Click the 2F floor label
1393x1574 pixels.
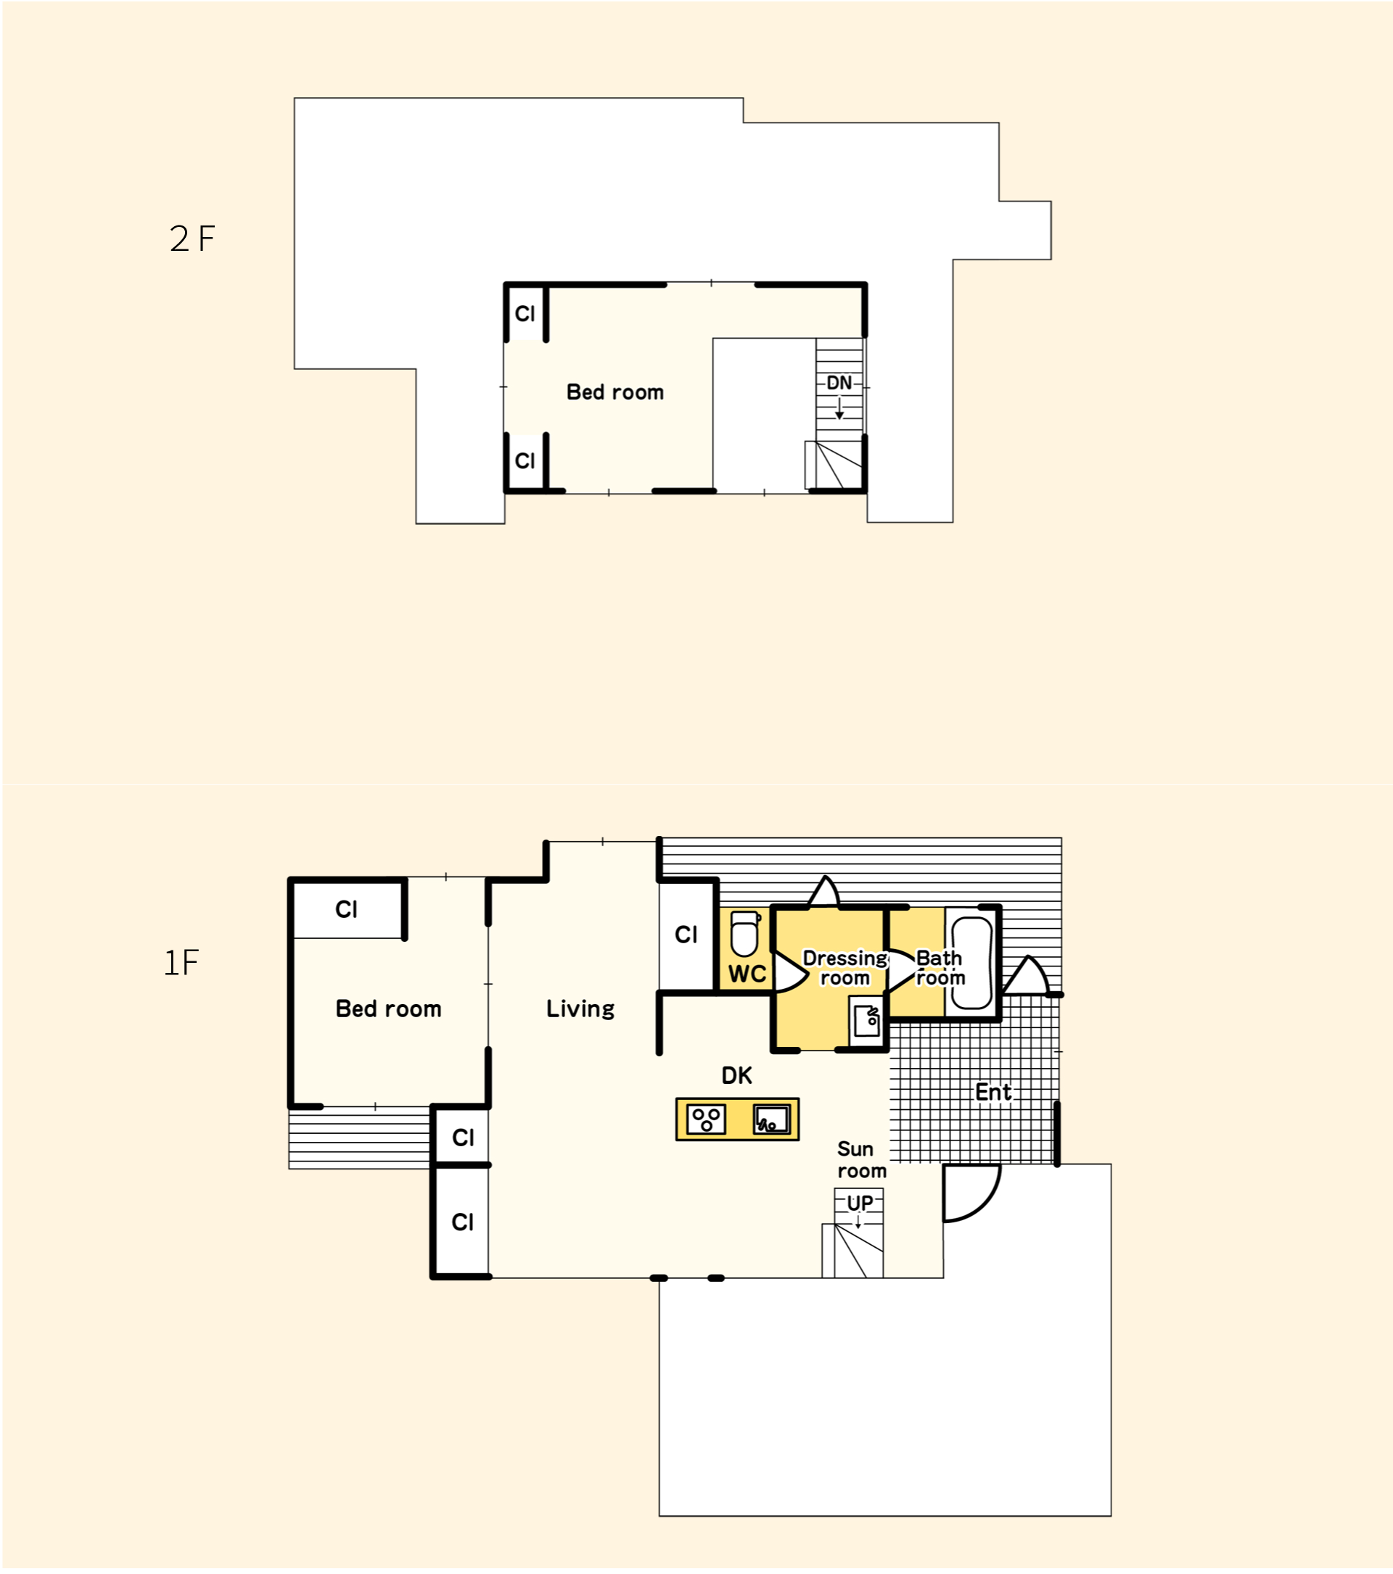[x=192, y=239]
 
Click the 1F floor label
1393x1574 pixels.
[x=181, y=963]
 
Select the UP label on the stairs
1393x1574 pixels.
[x=860, y=1203]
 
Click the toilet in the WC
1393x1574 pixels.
[x=745, y=933]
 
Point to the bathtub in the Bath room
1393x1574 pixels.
[x=972, y=963]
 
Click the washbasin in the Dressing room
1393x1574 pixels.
[x=867, y=1021]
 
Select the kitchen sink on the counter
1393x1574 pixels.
[x=772, y=1119]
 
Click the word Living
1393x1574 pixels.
[x=580, y=1008]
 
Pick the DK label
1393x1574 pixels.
[x=736, y=1076]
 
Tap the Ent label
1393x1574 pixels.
[x=993, y=1092]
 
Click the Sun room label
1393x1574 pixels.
[x=861, y=1160]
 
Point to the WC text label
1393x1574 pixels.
[x=747, y=974]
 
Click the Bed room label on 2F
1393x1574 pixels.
[x=615, y=392]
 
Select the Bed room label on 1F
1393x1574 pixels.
[x=388, y=1008]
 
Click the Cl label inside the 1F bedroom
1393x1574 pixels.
[x=346, y=909]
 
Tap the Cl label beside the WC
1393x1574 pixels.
[x=686, y=935]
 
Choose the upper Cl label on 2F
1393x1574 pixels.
[x=525, y=313]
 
